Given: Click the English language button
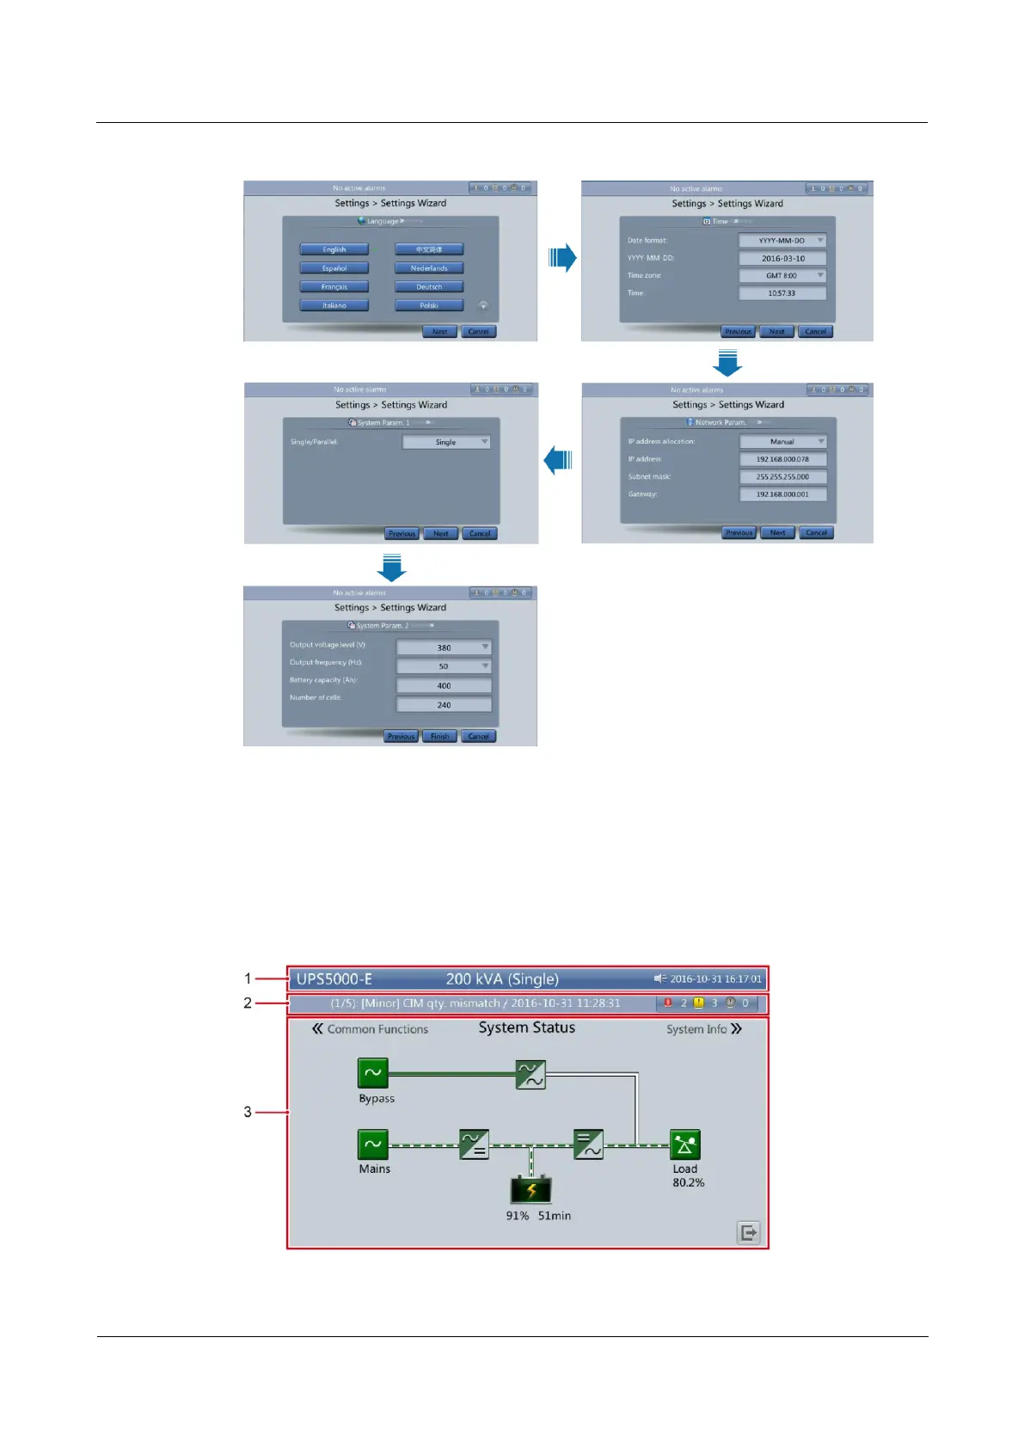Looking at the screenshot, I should point(334,249).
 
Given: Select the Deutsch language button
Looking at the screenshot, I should point(429,287).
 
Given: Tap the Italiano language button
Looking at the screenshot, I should point(334,305).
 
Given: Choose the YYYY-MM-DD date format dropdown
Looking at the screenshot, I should point(782,241).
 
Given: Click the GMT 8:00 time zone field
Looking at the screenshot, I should point(782,276).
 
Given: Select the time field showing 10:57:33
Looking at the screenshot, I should point(782,293).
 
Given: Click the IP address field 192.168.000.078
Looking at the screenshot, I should point(782,459).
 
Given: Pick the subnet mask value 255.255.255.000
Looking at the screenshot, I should point(782,476).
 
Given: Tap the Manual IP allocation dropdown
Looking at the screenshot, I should point(782,441).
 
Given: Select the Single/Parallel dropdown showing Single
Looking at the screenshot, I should point(446,442).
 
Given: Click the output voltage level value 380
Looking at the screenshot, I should point(444,647).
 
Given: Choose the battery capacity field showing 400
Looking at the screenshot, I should point(444,685).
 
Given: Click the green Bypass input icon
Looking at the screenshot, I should point(373,1073).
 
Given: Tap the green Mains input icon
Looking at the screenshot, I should point(373,1144).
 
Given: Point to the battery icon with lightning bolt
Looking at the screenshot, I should point(530,1190).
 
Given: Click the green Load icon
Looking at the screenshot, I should point(685,1144).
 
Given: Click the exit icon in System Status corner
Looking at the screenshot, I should point(749,1232).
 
